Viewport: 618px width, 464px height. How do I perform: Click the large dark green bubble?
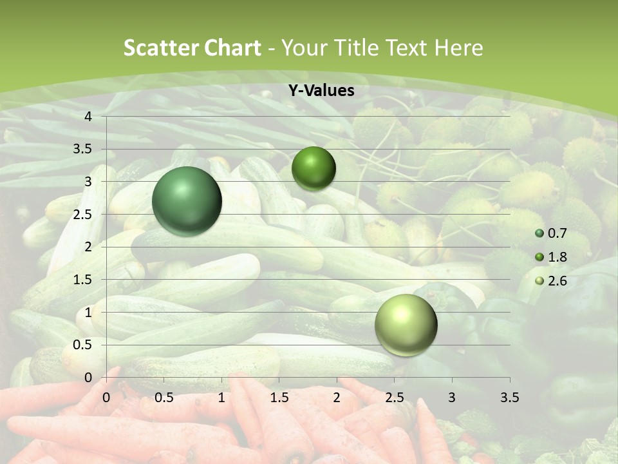coord(187,201)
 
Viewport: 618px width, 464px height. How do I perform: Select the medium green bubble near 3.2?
coord(314,168)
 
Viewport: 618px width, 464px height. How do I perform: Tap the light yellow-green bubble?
coord(406,325)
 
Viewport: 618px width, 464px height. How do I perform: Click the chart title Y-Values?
coord(321,91)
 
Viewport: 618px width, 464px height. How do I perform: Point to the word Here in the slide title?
coord(458,48)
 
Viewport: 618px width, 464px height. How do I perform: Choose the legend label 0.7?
coord(557,233)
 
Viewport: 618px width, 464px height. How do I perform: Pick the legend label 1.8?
coord(557,257)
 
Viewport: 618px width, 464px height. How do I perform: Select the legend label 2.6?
coord(557,281)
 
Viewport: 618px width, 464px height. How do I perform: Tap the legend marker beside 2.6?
coord(539,281)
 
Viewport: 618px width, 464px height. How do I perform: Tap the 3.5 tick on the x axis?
coord(510,397)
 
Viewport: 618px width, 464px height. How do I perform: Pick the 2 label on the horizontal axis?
coord(337,397)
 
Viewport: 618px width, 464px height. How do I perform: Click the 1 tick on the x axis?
coord(221,397)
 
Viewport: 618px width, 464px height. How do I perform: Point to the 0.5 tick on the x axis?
coord(164,397)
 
